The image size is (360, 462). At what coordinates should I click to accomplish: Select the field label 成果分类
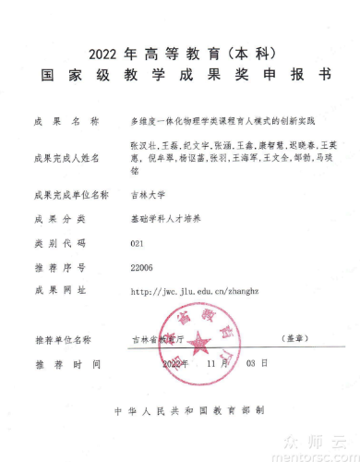click(59, 219)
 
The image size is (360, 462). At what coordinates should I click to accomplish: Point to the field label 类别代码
click(59, 243)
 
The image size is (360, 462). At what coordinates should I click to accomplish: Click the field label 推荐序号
click(59, 267)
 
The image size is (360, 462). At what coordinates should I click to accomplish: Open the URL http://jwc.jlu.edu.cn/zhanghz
click(190, 291)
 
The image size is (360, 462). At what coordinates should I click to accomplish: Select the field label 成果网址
click(59, 291)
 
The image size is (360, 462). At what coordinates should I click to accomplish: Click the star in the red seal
click(199, 346)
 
